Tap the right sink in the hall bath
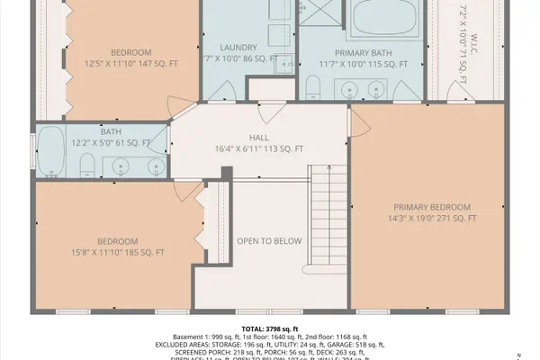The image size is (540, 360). click(x=155, y=166)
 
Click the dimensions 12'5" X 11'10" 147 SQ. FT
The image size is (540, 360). click(x=132, y=63)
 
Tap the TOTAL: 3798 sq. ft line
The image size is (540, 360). click(x=270, y=329)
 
